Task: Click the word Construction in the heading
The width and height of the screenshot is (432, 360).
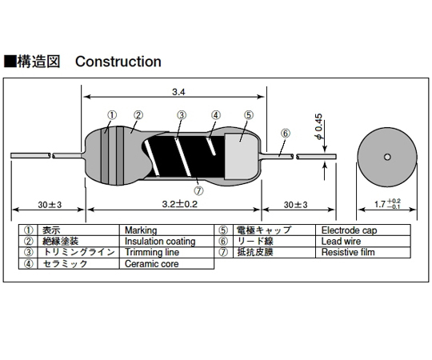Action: click(118, 62)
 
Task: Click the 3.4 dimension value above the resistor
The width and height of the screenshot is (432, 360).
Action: click(178, 92)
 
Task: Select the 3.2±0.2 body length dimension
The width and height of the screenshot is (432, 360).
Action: click(180, 204)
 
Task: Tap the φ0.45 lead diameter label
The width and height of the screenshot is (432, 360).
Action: click(319, 126)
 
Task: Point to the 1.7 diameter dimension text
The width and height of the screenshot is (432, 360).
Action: click(387, 204)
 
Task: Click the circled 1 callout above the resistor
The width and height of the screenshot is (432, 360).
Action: click(111, 115)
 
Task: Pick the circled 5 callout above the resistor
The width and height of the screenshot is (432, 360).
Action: click(249, 115)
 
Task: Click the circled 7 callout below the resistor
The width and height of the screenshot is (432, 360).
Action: click(198, 190)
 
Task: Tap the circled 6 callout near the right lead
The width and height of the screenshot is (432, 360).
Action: click(286, 134)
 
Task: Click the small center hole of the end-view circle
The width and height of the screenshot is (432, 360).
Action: click(387, 157)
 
